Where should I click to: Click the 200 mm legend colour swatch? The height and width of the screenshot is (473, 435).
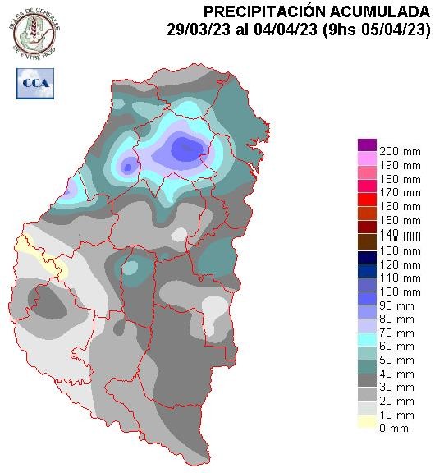(366, 145)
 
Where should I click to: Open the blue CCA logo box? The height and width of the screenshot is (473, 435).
(34, 82)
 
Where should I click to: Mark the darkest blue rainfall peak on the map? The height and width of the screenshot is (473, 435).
(188, 149)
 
